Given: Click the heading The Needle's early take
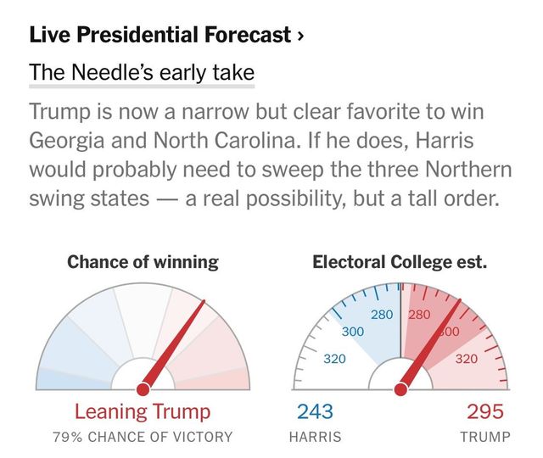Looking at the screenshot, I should [x=142, y=73].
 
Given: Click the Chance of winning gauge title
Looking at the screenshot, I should [x=143, y=262].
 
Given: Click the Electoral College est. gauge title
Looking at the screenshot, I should [x=400, y=262].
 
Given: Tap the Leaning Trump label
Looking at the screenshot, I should [x=143, y=413].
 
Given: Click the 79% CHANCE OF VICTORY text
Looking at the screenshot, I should [x=143, y=438].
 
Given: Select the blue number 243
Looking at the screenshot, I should [x=314, y=413].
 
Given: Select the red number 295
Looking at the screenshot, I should [x=486, y=413].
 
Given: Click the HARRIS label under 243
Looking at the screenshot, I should [x=315, y=438].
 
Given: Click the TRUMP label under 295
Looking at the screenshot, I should [x=485, y=438].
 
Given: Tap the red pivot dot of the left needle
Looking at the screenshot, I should [x=143, y=388].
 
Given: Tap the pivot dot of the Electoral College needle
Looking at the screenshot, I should [x=400, y=389].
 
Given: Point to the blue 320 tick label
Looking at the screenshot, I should [x=334, y=359].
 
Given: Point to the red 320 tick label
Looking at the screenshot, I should [x=466, y=359].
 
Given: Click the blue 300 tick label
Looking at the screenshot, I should [x=353, y=332].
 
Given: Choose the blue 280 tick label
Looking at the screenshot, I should [x=383, y=316].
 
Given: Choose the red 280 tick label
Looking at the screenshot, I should [x=419, y=316].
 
